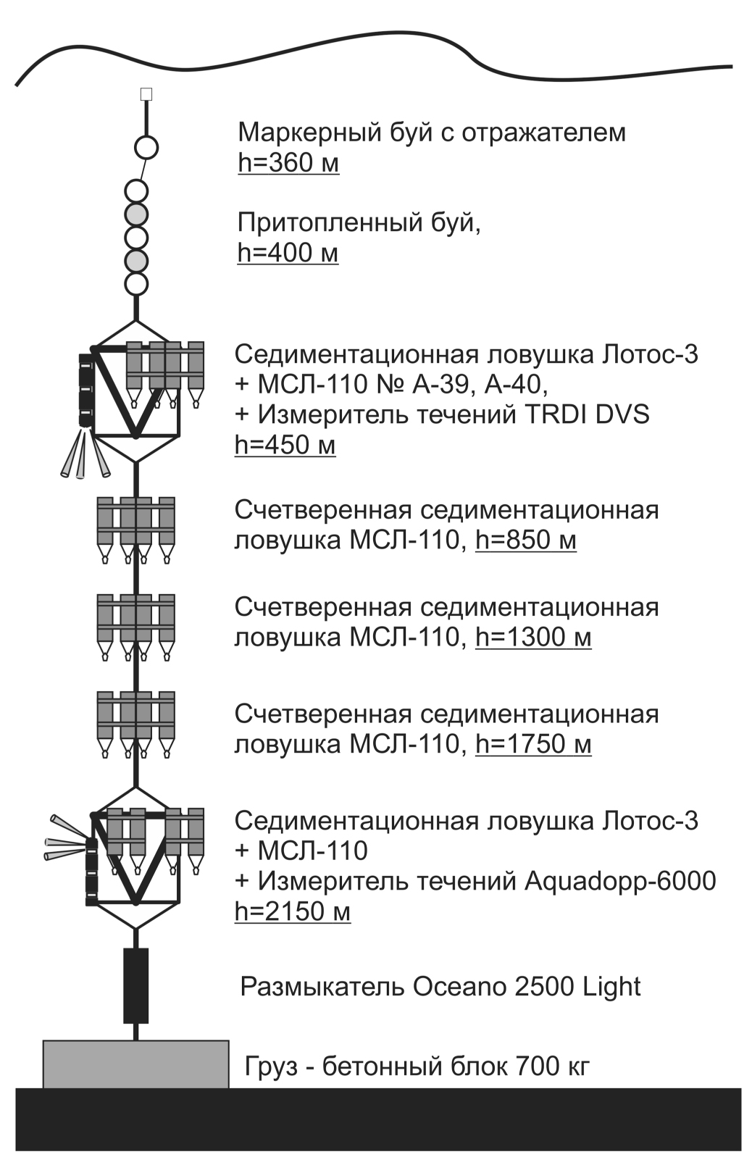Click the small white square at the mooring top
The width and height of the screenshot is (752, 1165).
tap(146, 93)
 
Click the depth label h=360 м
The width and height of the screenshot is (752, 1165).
tap(288, 163)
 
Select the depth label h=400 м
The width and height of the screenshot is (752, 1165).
tap(288, 253)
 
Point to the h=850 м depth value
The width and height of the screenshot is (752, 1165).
tap(526, 540)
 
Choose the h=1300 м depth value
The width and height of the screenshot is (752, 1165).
tap(533, 638)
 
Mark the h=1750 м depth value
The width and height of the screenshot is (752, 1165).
tap(533, 745)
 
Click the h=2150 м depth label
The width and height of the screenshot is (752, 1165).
tap(292, 911)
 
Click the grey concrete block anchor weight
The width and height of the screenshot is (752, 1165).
tap(135, 1064)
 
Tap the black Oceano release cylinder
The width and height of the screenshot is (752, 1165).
tap(135, 985)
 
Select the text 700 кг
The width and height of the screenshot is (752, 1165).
tap(552, 1066)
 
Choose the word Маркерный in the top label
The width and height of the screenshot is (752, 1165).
tap(300, 133)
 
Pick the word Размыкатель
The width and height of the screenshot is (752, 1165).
tap(322, 987)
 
